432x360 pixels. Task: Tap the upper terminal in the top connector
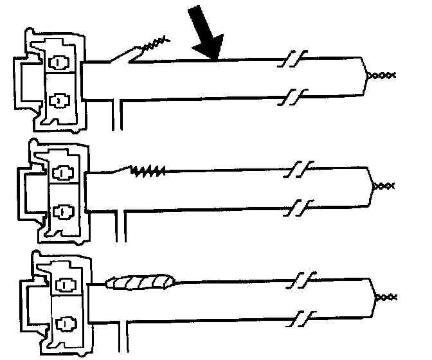59,64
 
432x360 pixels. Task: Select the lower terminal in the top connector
59,100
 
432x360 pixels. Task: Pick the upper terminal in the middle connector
63,173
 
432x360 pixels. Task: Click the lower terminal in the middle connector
63,210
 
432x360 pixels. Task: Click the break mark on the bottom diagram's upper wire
300,282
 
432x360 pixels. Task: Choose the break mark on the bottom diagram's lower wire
300,318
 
